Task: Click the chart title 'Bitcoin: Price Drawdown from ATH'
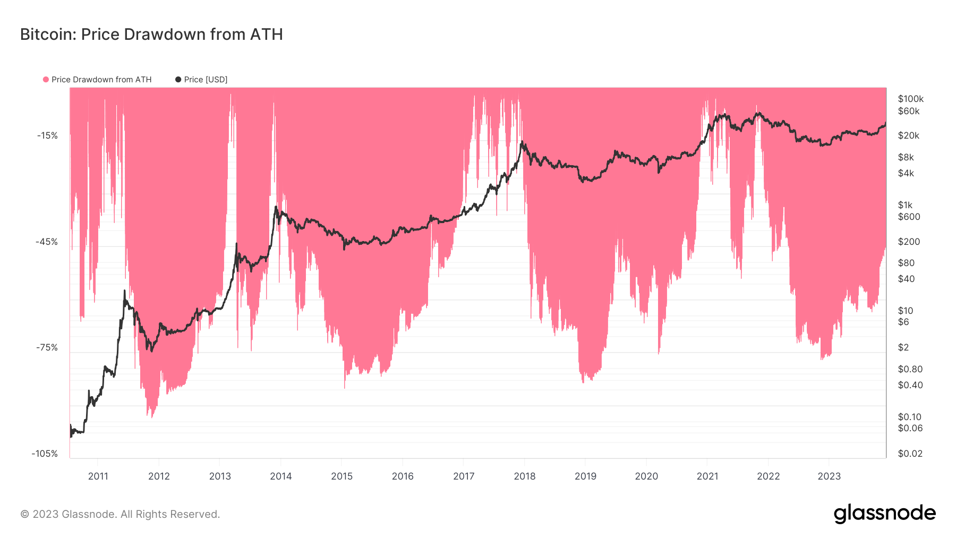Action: (x=151, y=35)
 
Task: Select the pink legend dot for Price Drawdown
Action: (x=46, y=80)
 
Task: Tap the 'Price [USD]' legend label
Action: (x=205, y=80)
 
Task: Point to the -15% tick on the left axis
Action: (x=47, y=135)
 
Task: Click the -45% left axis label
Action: (x=47, y=242)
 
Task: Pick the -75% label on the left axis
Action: (x=47, y=347)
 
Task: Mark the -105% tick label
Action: (x=45, y=454)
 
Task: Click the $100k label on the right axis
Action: (x=910, y=99)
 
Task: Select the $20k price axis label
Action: (x=908, y=135)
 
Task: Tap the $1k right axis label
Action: (x=905, y=205)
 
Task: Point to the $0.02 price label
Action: (x=910, y=454)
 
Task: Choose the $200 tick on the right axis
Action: (x=909, y=242)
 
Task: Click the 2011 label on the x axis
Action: (x=98, y=476)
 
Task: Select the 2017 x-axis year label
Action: (x=464, y=476)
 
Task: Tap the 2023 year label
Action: (x=829, y=476)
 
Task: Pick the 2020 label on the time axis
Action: (x=646, y=476)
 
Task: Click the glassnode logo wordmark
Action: (x=884, y=514)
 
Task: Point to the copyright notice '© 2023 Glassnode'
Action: (x=120, y=514)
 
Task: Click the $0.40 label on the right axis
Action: (x=910, y=385)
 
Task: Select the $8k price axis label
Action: (x=906, y=157)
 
